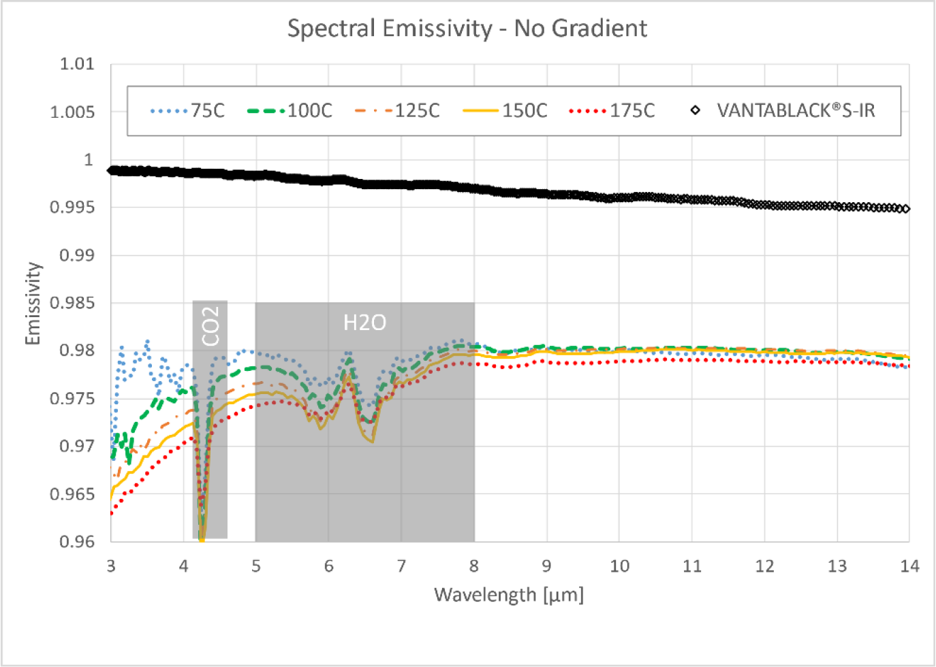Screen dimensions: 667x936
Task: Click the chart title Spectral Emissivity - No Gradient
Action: tap(467, 29)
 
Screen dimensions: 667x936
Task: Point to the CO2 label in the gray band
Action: tap(210, 325)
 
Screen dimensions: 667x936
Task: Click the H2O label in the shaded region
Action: tap(364, 322)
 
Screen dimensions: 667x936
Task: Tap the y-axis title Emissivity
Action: tap(33, 304)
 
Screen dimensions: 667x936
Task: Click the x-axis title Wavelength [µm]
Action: tap(509, 595)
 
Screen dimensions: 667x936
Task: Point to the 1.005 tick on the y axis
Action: tap(72, 112)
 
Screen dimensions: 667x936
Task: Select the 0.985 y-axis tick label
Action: tap(72, 303)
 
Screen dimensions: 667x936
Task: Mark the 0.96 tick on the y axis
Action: tap(77, 542)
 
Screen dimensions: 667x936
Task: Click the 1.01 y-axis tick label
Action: tap(77, 64)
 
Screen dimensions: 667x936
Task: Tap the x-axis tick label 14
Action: tap(909, 566)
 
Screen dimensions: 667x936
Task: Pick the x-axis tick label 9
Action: tap(546, 566)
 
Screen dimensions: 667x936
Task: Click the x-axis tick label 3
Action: tap(111, 566)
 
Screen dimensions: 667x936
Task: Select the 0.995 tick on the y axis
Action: tap(72, 208)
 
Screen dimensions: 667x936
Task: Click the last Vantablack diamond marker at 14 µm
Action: tap(905, 209)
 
